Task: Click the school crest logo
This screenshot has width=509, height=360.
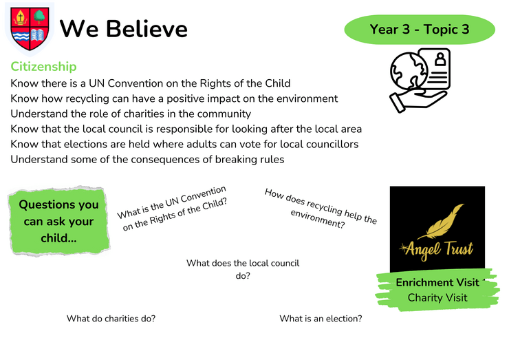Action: tap(30, 29)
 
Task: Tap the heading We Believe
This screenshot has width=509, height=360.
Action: tap(124, 29)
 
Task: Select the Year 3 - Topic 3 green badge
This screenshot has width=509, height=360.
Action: tap(420, 30)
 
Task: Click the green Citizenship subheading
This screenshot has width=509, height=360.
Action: tap(43, 67)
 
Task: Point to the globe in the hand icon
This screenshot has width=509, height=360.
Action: tap(409, 72)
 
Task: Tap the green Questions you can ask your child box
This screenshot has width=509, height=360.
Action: tap(58, 221)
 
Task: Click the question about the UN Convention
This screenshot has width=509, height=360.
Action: tap(172, 209)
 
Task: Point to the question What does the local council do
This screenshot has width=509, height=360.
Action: tap(243, 269)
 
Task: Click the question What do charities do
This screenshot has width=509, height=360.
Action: tap(111, 319)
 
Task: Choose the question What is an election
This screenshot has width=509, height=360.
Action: tap(321, 319)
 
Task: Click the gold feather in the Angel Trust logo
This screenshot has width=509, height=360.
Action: tap(442, 222)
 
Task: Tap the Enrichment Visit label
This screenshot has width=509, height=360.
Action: tap(437, 282)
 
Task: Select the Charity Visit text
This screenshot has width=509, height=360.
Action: tap(437, 297)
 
